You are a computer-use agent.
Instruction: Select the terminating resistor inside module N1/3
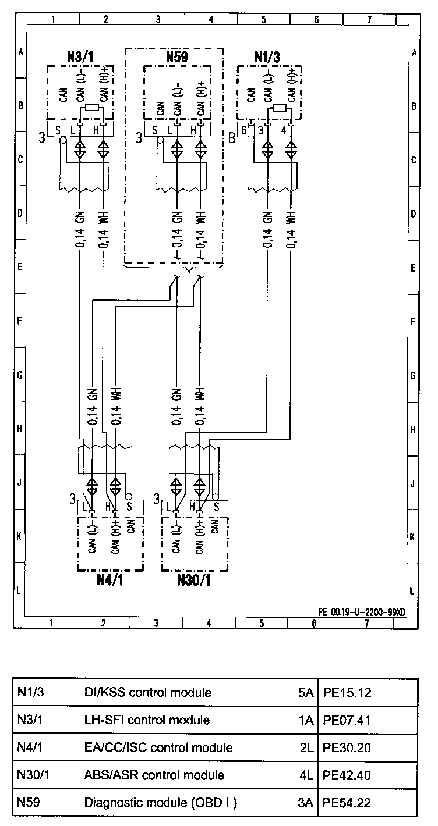tap(280, 108)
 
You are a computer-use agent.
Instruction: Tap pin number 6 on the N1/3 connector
tap(245, 130)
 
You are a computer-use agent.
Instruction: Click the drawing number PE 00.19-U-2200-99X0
tap(361, 612)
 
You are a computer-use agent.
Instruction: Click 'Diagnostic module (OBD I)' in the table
tap(160, 803)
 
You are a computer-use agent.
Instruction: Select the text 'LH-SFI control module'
tap(147, 720)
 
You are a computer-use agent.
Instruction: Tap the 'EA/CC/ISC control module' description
tap(158, 747)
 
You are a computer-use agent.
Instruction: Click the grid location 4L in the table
tap(307, 775)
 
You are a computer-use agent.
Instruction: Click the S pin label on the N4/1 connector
tap(129, 506)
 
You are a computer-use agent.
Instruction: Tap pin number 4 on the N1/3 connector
tap(284, 130)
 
